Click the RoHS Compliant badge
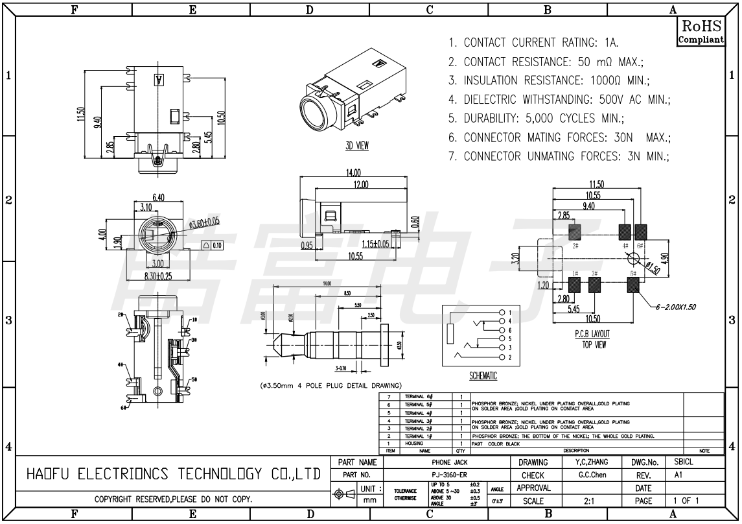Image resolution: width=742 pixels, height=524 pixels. [701, 32]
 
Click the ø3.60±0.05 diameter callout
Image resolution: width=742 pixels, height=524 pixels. [204, 222]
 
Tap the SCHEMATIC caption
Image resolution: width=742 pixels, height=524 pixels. [482, 376]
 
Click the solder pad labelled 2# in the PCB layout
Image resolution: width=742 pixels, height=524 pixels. [574, 231]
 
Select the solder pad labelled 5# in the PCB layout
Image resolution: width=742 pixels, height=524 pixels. [635, 284]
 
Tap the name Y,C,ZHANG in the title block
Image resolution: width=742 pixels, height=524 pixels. [592, 463]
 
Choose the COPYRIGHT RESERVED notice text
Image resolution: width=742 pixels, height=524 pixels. [173, 501]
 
